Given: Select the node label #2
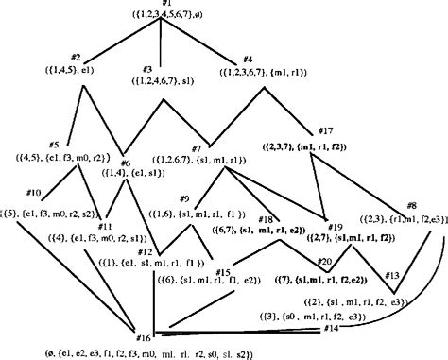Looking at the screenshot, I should pyautogui.click(x=76, y=59).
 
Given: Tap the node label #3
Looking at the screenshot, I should pyautogui.click(x=146, y=69).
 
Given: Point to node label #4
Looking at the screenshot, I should pyautogui.click(x=248, y=59).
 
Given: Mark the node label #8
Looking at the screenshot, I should pyautogui.click(x=410, y=205).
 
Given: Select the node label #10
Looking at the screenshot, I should pyautogui.click(x=33, y=193).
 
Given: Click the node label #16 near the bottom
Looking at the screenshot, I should pyautogui.click(x=144, y=337).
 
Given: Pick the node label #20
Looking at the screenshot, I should pyautogui.click(x=324, y=261).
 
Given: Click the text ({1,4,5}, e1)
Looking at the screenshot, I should pyautogui.click(x=74, y=70).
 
